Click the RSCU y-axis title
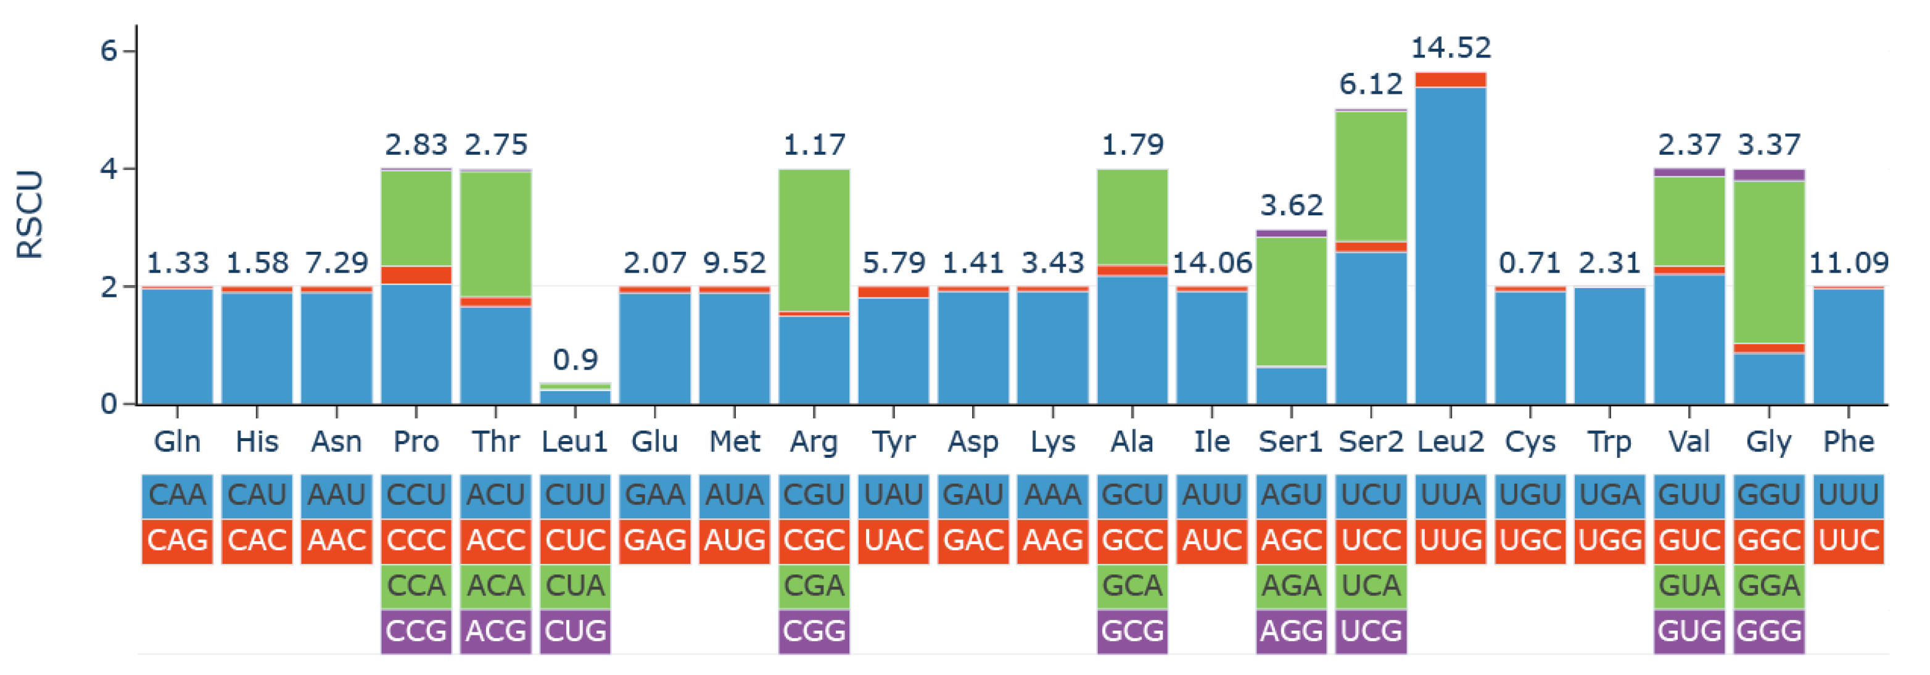[x=30, y=215]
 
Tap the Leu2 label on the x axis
[x=1451, y=442]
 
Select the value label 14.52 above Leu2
[x=1451, y=48]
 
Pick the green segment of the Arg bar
[x=814, y=240]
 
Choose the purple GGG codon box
[x=1769, y=631]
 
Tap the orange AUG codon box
[x=734, y=540]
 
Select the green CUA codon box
[x=575, y=585]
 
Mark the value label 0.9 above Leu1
[x=575, y=360]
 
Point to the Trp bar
[x=1609, y=346]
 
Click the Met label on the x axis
[x=734, y=442]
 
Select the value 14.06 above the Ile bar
[x=1211, y=263]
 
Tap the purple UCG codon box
[x=1371, y=631]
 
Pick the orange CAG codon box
[x=177, y=540]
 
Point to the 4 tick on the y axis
[x=109, y=169]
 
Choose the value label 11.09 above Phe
[x=1849, y=263]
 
